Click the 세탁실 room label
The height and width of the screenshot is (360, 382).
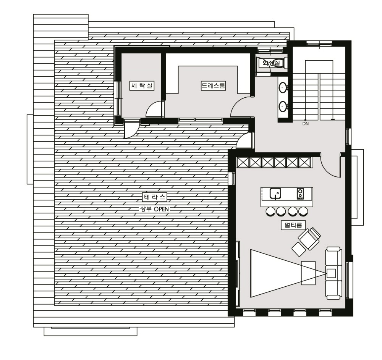[x=142, y=86]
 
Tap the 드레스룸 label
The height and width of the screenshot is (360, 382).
[x=214, y=86]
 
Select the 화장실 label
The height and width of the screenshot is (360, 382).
[x=271, y=63]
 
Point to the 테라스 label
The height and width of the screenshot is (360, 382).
[x=154, y=197]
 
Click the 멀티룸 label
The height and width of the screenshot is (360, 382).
[x=293, y=225]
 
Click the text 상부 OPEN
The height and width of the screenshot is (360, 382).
[x=154, y=209]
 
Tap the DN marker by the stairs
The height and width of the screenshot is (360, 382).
[x=306, y=124]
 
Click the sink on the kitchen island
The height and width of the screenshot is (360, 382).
[x=275, y=194]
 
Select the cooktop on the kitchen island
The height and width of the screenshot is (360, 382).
[x=300, y=194]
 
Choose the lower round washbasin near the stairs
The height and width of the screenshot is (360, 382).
[x=283, y=107]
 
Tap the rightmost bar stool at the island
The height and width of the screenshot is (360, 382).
[x=303, y=211]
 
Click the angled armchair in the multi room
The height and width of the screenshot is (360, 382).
[x=309, y=239]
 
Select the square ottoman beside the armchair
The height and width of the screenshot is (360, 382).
[x=299, y=249]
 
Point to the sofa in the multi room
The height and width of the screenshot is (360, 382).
[x=334, y=273]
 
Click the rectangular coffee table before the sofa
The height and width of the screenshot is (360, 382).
[x=308, y=273]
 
